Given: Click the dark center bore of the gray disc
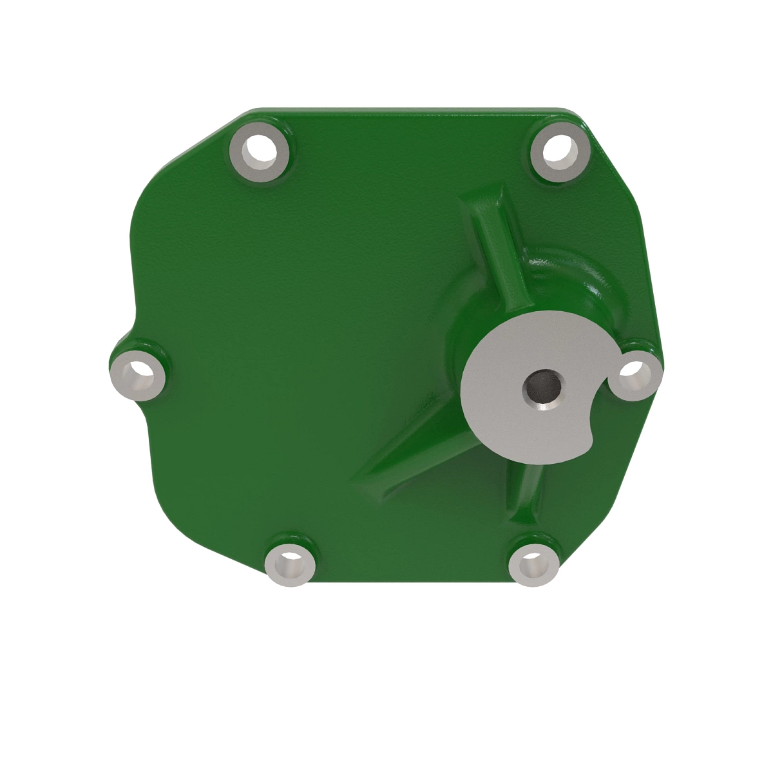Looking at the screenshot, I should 542,388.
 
